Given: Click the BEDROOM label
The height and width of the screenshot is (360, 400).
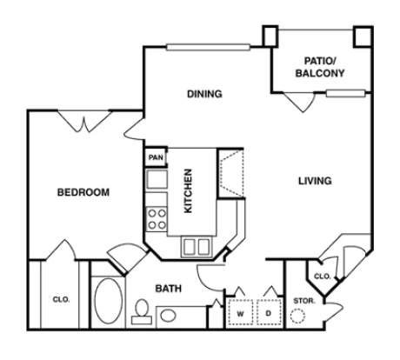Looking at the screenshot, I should tap(83, 192).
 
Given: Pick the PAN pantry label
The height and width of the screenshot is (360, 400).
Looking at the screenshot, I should tap(157, 157).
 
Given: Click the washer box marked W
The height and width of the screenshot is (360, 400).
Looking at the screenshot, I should tap(240, 311).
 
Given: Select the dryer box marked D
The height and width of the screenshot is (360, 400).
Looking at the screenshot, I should tap(269, 311).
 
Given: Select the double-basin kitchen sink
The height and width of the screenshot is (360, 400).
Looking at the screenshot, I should tap(196, 246).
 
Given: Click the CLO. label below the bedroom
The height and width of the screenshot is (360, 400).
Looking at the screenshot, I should tap(61, 299).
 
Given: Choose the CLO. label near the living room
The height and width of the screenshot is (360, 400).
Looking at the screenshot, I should tap(321, 276).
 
